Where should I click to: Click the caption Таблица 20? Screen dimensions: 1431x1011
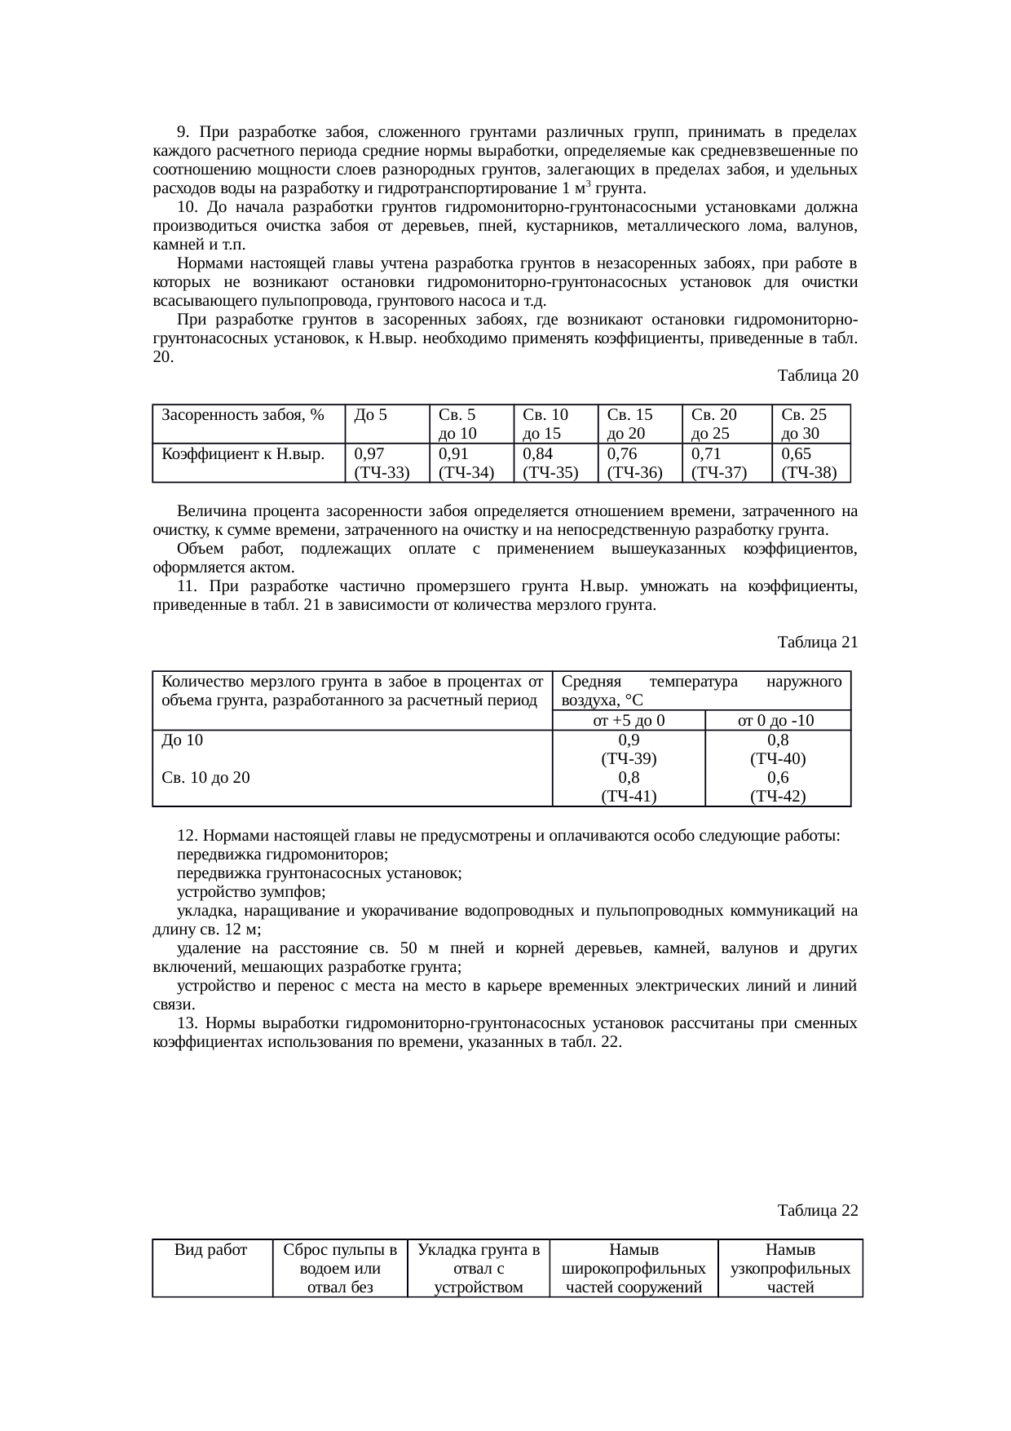[817, 376]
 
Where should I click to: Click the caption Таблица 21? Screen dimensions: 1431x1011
[817, 643]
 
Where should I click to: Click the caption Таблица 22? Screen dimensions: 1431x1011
[817, 1209]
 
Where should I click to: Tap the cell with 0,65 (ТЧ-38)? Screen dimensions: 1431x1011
[809, 462]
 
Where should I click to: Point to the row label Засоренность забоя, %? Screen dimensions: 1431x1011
[243, 415]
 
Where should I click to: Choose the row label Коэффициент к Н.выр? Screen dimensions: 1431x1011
[243, 454]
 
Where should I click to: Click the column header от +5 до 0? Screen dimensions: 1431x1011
[628, 720]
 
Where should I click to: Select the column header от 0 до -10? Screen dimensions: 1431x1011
[777, 720]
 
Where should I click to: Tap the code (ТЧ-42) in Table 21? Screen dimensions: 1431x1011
[777, 797]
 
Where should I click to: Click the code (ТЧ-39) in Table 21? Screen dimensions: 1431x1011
[628, 759]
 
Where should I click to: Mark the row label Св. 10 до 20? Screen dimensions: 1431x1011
[206, 778]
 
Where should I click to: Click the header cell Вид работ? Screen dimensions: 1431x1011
[211, 1249]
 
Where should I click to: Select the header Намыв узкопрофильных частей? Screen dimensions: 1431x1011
[789, 1268]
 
